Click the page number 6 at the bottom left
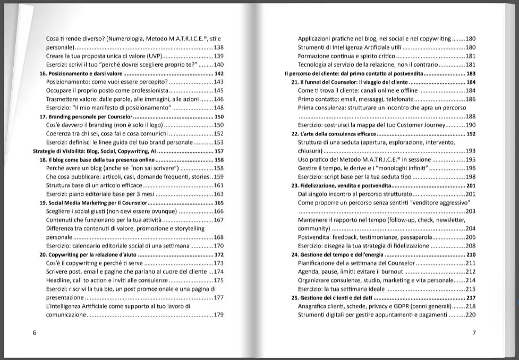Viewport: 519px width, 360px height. pos(35,333)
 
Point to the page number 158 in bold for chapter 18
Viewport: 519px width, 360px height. pos(218,159)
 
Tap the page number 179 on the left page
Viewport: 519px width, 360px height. pos(218,315)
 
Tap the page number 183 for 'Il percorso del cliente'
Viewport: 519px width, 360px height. pos(470,73)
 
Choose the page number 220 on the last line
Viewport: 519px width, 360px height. pos(470,315)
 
